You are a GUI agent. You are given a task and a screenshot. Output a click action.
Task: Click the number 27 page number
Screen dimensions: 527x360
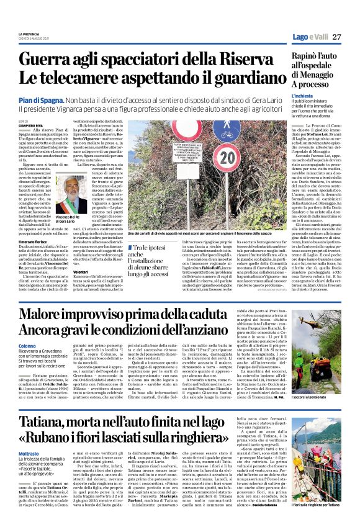pyautogui.click(x=337, y=37)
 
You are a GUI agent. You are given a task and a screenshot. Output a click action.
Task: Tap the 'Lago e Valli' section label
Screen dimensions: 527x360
pyautogui.click(x=310, y=37)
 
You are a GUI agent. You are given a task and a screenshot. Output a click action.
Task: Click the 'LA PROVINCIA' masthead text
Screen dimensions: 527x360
pyautogui.click(x=29, y=33)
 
